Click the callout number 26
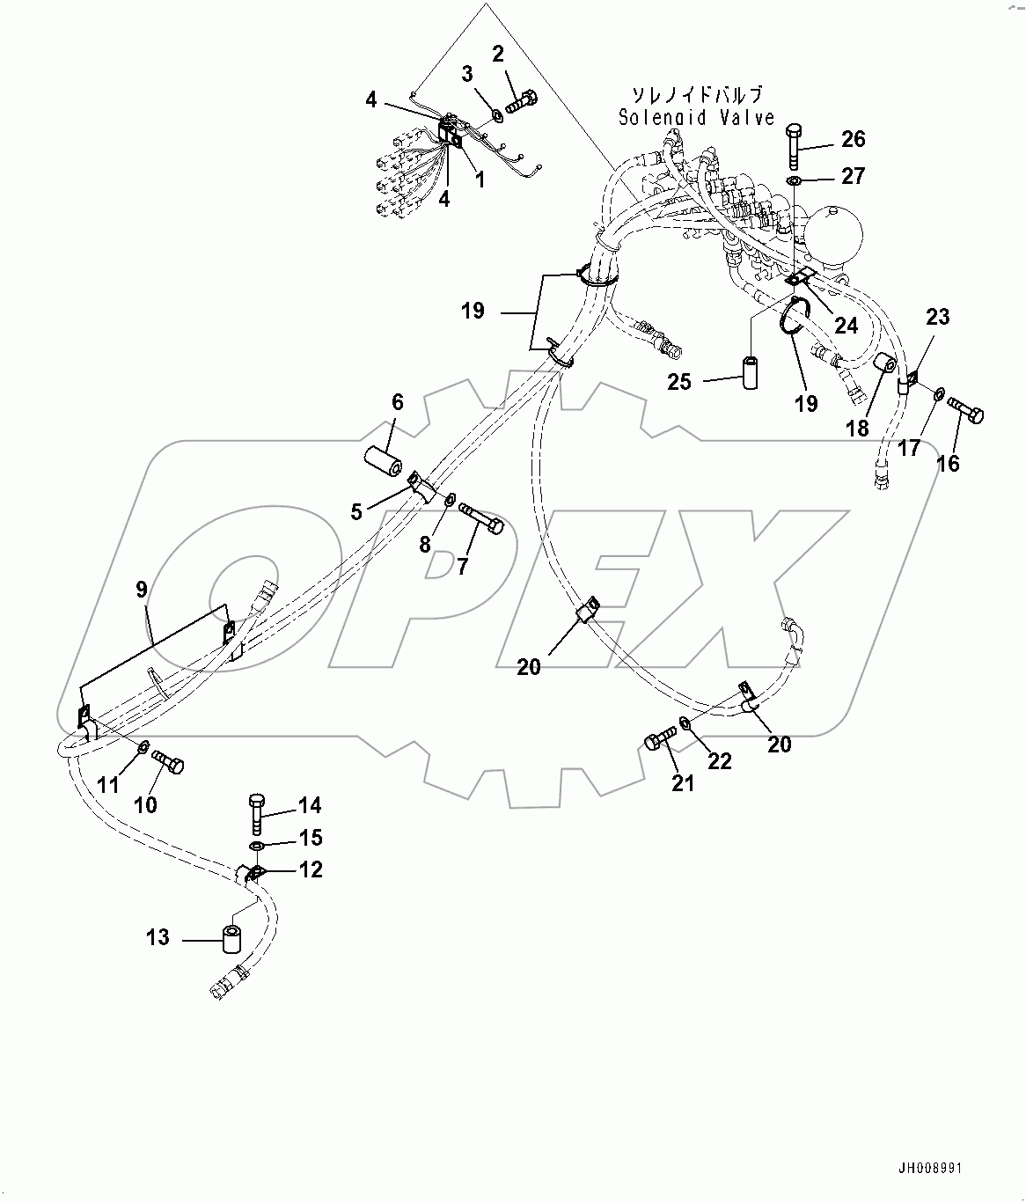point(853,139)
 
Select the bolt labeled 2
point(521,99)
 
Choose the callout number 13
point(158,937)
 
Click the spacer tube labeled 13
point(232,940)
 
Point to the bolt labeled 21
point(660,737)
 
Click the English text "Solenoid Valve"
point(696,117)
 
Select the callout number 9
point(142,589)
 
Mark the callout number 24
point(846,326)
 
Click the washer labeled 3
point(496,113)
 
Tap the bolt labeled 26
point(794,145)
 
